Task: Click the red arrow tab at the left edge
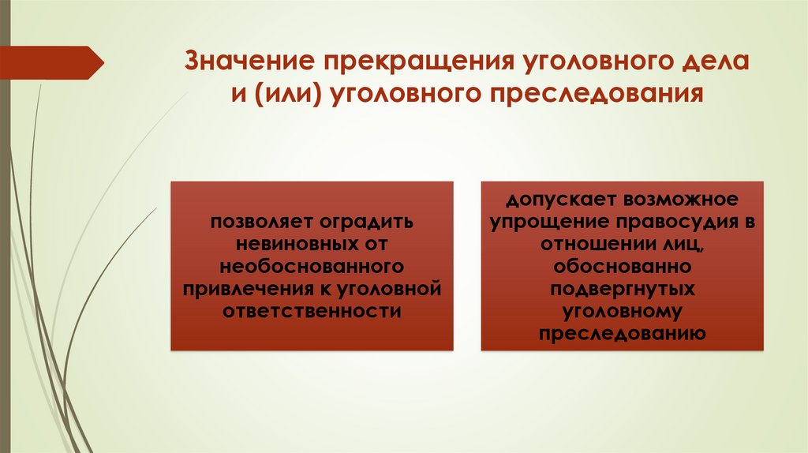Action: [x=51, y=62]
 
